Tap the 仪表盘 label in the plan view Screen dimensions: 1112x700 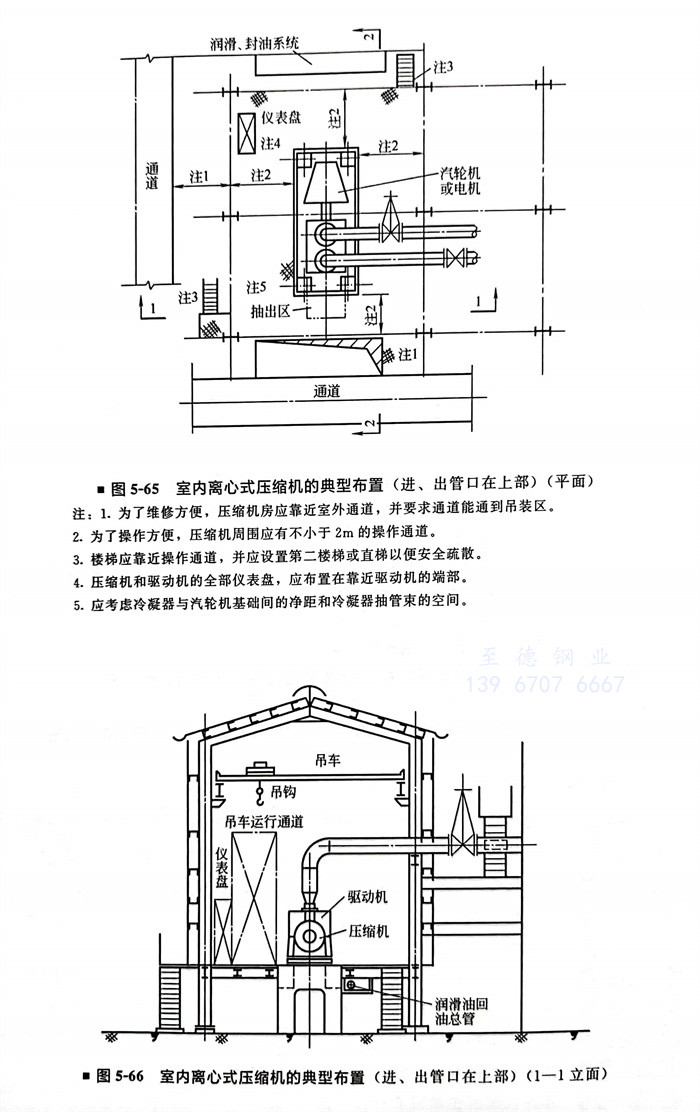[282, 117]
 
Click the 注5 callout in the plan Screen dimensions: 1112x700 [258, 287]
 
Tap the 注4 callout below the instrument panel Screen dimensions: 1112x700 [271, 144]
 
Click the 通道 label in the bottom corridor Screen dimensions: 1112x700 [327, 391]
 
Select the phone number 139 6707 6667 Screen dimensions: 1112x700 [546, 685]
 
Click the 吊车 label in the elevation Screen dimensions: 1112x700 [329, 760]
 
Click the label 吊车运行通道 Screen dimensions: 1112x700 [265, 822]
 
